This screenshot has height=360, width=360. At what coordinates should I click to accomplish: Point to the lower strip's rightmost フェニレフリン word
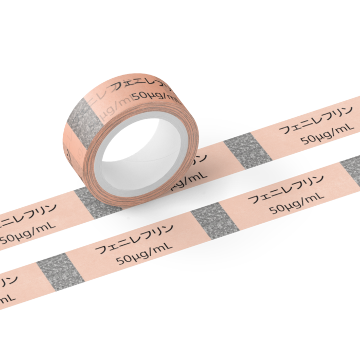285,190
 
